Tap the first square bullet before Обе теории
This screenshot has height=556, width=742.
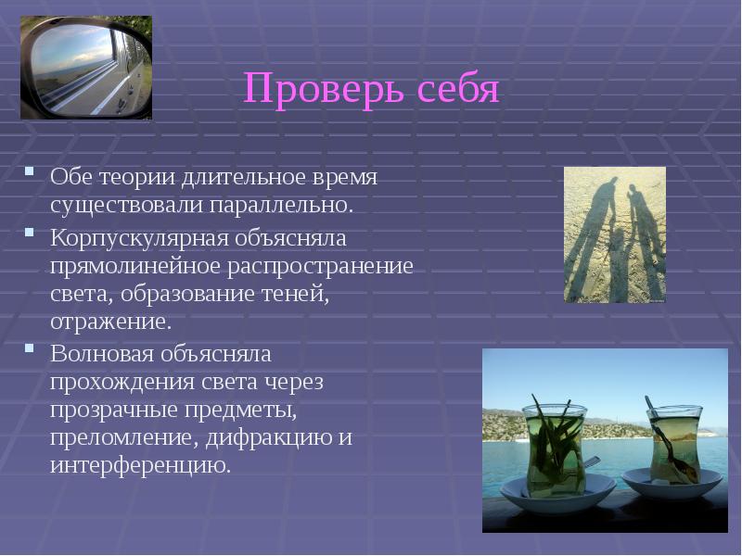point(31,171)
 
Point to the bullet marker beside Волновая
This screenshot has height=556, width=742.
point(31,349)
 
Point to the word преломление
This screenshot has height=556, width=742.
point(109,436)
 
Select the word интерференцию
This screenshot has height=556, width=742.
point(139,464)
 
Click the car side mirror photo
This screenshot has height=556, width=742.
point(85,68)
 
